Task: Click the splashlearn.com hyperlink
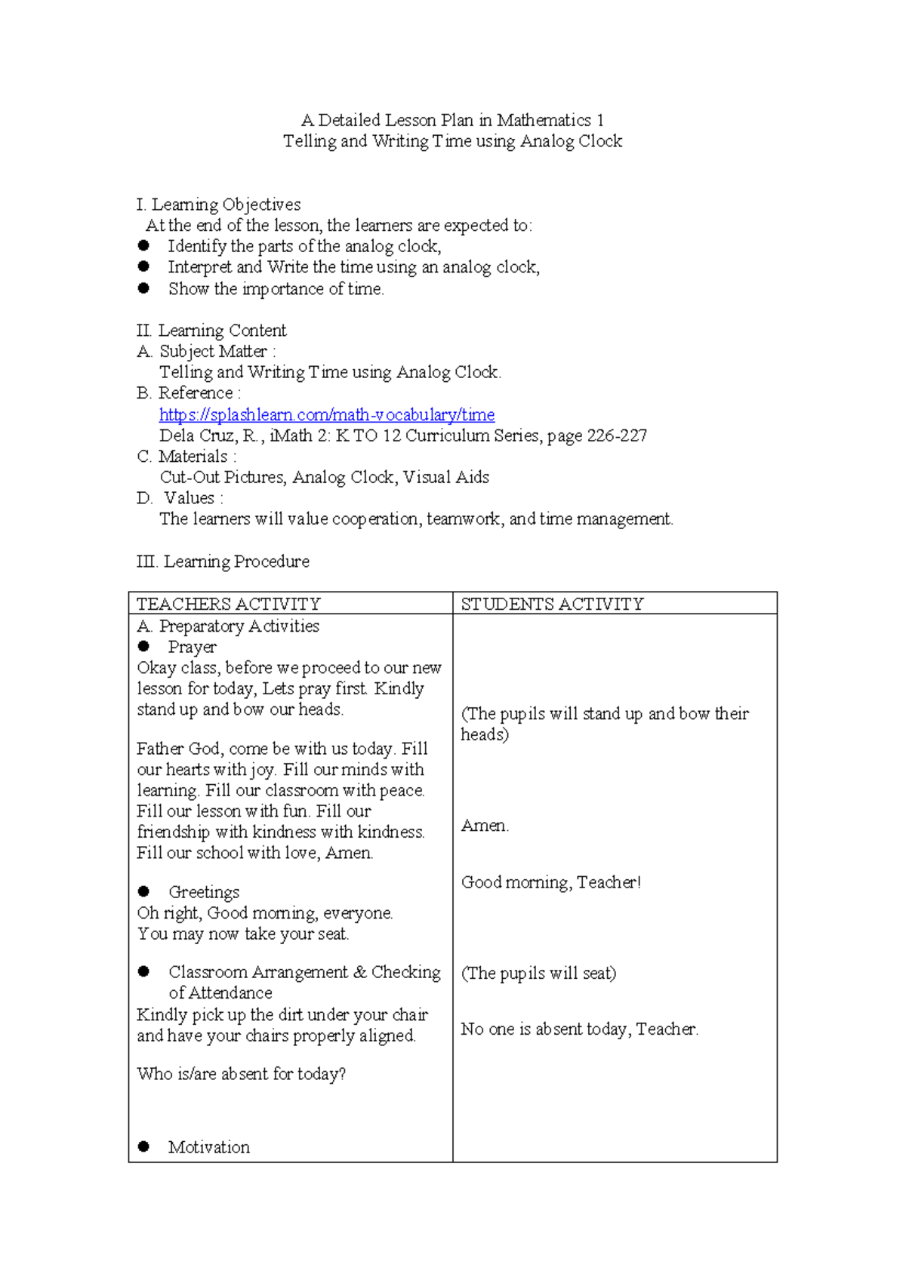click(x=327, y=414)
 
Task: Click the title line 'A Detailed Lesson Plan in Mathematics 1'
click(x=452, y=120)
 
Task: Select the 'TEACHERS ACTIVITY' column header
click(x=228, y=604)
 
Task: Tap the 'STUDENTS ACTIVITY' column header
click(x=552, y=604)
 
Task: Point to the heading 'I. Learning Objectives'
click(x=218, y=205)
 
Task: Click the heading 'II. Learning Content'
click(x=211, y=331)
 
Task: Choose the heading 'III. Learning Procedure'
click(x=223, y=562)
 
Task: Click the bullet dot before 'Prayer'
click(x=143, y=646)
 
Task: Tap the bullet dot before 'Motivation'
click(x=143, y=1146)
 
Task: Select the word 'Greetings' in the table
click(x=204, y=892)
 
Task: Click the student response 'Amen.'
click(x=485, y=826)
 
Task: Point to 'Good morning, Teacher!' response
click(x=550, y=882)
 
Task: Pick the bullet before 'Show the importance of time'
click(x=143, y=288)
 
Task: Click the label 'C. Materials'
click(x=186, y=457)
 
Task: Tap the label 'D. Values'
click(x=180, y=498)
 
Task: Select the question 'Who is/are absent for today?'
click(x=241, y=1074)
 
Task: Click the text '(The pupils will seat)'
click(x=538, y=973)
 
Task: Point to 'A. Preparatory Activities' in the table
click(x=228, y=626)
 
